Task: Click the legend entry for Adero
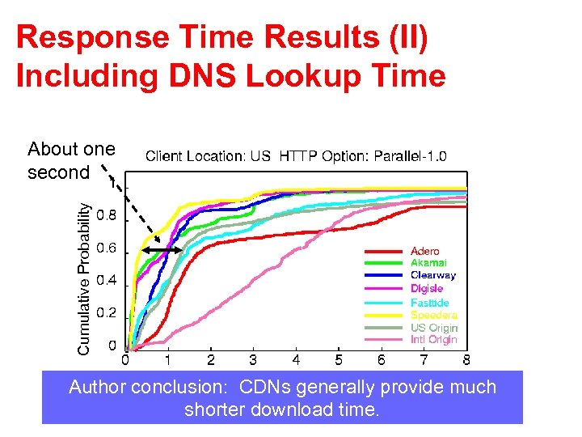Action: click(x=424, y=252)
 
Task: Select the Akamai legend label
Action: click(x=428, y=263)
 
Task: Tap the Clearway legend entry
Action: click(x=432, y=275)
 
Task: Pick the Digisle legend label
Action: click(x=427, y=288)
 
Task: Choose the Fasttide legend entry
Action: click(x=429, y=302)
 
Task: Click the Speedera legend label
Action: click(x=433, y=315)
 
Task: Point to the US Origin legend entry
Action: click(x=433, y=328)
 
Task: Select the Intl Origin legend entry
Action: click(x=433, y=340)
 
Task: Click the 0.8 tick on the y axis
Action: click(x=106, y=216)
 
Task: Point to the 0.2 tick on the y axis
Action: click(x=106, y=313)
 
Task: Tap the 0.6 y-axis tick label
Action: click(x=106, y=248)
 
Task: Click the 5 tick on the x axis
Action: click(x=339, y=359)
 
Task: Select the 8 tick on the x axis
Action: click(x=466, y=359)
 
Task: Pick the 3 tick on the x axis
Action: click(x=253, y=359)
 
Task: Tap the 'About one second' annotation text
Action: click(x=70, y=161)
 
